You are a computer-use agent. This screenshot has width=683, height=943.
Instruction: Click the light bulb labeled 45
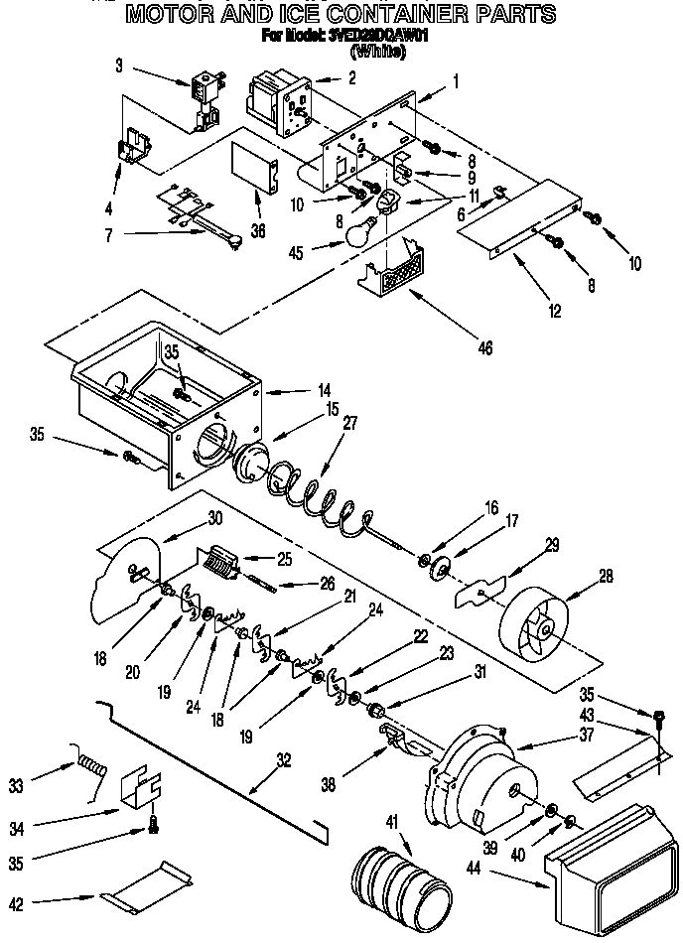359,230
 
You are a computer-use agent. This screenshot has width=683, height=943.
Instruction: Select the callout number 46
483,347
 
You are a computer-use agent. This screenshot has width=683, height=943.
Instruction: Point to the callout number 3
118,67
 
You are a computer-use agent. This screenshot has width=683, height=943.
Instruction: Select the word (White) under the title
378,53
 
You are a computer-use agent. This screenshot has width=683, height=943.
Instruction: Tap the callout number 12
554,312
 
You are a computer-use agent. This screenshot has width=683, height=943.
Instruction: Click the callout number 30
214,517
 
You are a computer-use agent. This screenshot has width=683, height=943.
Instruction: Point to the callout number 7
107,235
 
